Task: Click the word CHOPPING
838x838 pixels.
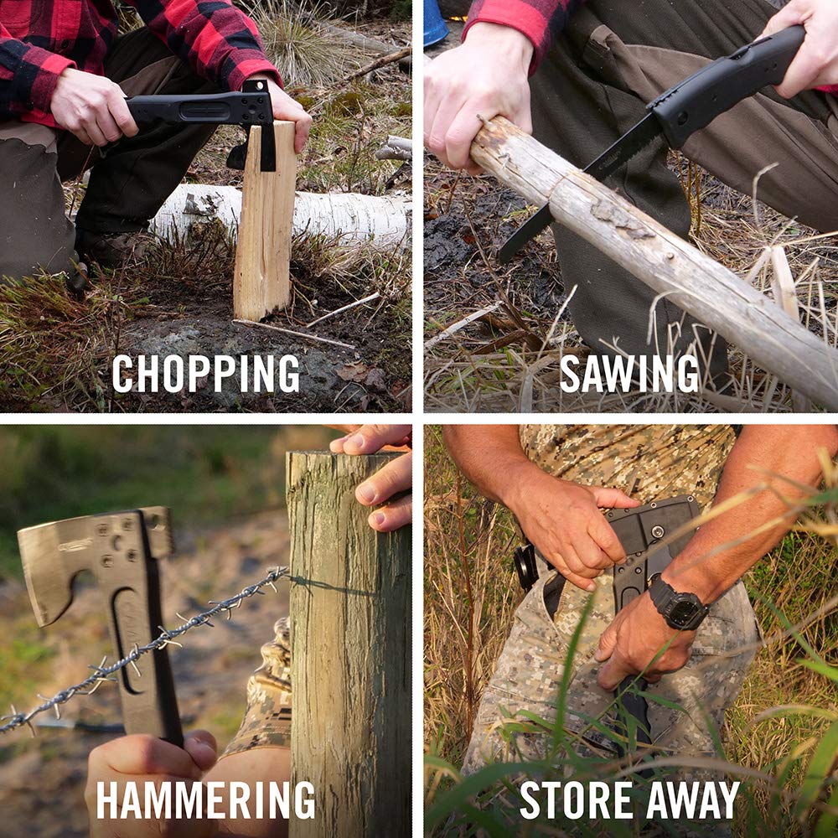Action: coord(205,374)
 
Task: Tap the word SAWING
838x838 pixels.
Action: coord(628,374)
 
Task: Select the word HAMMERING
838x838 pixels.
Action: coord(205,799)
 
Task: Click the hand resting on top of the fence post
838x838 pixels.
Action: coord(381,478)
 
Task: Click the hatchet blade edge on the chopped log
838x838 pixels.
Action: coord(267,147)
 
